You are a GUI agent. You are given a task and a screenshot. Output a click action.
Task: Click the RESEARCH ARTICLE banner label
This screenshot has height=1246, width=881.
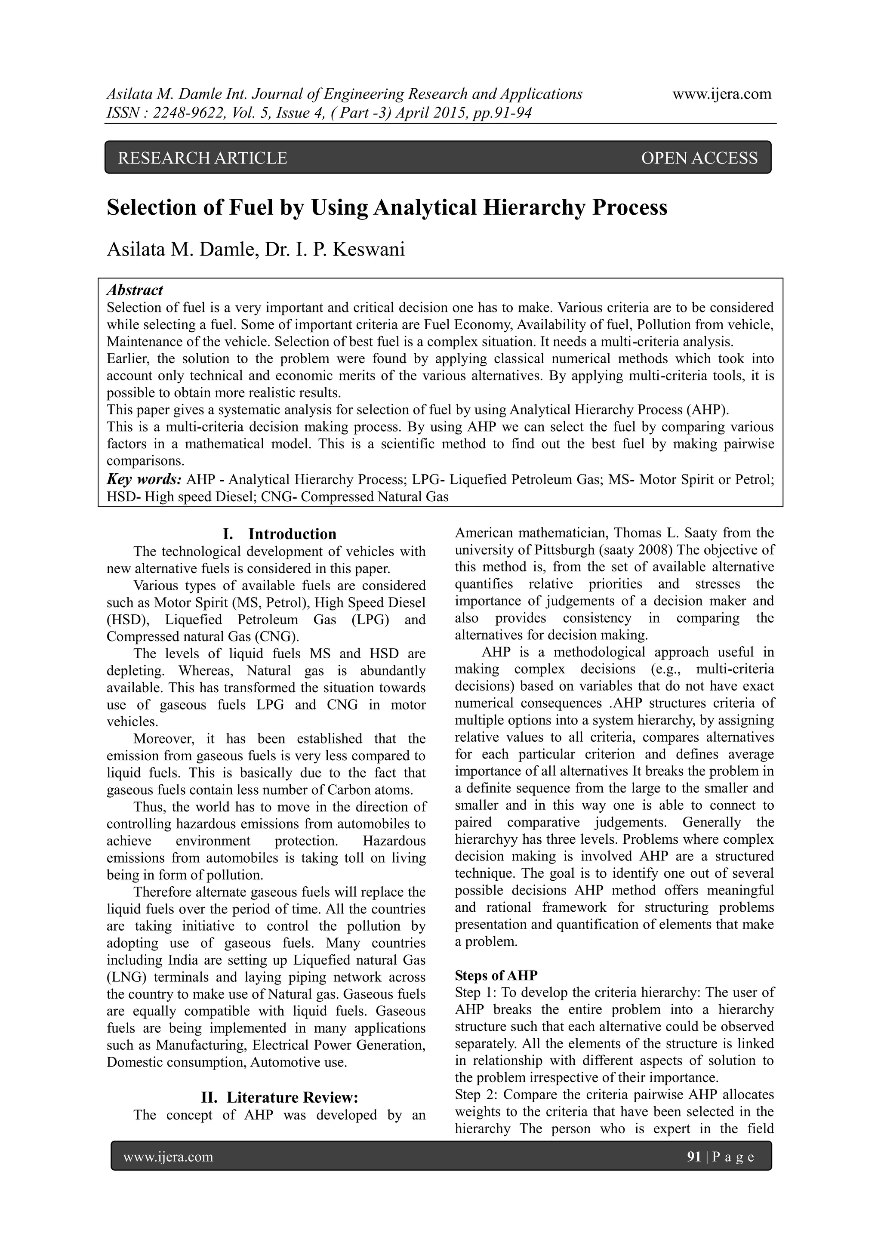[202, 158]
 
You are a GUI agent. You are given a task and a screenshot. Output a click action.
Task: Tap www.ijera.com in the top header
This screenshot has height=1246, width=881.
[721, 94]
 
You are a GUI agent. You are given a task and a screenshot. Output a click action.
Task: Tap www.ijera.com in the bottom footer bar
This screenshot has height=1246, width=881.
[168, 1157]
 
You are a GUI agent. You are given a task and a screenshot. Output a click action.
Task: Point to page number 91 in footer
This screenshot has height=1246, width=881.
[694, 1157]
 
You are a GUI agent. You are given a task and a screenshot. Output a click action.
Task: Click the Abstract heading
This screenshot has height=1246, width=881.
[135, 290]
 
